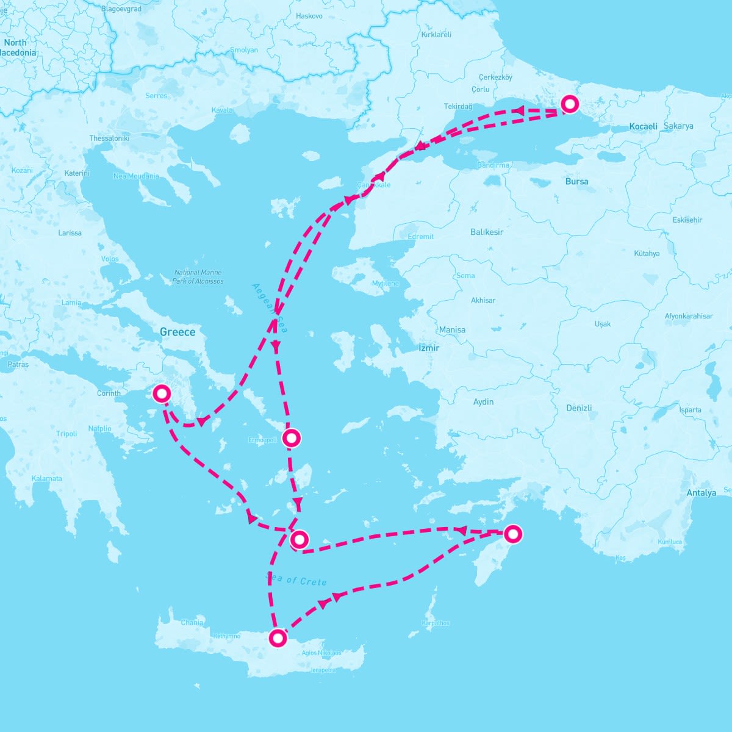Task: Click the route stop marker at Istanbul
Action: pos(569,104)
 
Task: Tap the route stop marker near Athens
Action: pos(162,393)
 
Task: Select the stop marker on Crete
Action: pos(278,638)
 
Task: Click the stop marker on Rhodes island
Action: pos(513,534)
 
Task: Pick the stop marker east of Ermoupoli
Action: pos(292,437)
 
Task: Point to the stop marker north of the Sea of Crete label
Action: pos(299,539)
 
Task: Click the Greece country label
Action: pos(178,332)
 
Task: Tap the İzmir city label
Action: pos(429,348)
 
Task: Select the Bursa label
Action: pos(576,181)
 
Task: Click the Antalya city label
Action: pos(701,493)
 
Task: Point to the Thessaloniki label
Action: pos(109,138)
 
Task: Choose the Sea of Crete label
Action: pos(296,580)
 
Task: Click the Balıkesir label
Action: pos(487,232)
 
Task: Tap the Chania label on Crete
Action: pos(192,623)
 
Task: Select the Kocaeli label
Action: pos(644,126)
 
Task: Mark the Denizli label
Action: pos(579,408)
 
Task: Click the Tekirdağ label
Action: pos(458,107)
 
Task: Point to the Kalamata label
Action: pos(47,478)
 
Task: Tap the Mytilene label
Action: pos(386,284)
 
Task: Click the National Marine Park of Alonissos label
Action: pos(198,277)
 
